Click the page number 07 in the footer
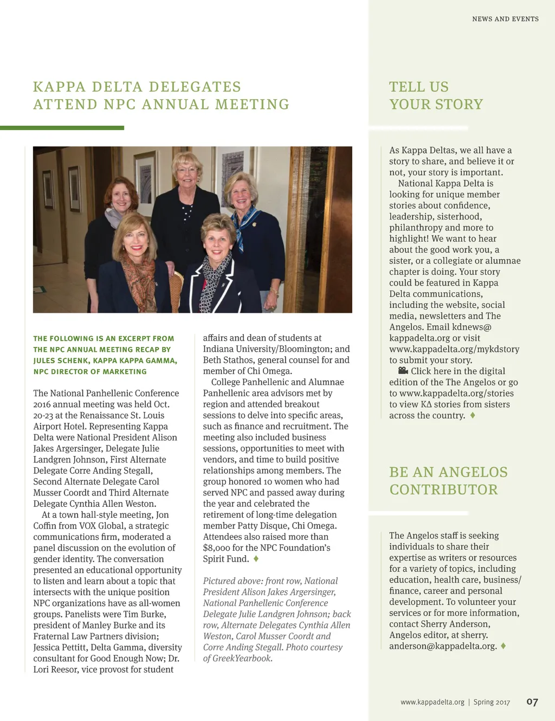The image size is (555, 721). click(x=532, y=702)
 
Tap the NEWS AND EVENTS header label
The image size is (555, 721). click(x=505, y=19)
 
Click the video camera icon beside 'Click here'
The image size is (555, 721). click(x=403, y=371)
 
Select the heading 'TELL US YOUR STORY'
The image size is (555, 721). click(x=436, y=95)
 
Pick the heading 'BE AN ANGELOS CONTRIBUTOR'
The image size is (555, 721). click(x=448, y=481)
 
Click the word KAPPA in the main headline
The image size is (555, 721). click(x=60, y=87)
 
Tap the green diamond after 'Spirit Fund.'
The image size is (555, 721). click(x=256, y=558)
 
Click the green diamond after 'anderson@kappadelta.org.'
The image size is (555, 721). click(x=504, y=646)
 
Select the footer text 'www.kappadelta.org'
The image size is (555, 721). click(x=432, y=702)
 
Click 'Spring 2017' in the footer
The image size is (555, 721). click(x=492, y=702)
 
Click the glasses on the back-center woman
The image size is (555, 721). click(x=188, y=170)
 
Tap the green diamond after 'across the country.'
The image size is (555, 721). click(x=473, y=415)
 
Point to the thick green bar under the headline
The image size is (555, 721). click(x=62, y=128)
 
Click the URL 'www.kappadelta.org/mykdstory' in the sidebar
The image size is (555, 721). click(x=454, y=349)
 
